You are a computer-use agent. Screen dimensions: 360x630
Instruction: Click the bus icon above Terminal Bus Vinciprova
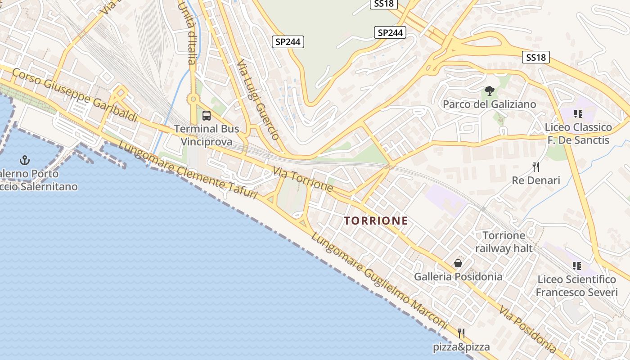tap(207, 116)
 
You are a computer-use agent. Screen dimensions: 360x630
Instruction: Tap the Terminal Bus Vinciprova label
tap(207, 135)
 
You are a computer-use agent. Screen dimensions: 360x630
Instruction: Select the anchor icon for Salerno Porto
tap(25, 160)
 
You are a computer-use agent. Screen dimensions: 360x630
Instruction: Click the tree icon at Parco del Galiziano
tap(489, 91)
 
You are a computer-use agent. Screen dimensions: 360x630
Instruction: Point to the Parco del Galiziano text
tap(489, 104)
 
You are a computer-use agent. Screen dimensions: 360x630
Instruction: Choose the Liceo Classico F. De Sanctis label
tap(578, 134)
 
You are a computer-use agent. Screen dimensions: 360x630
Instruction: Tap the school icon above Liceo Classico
tap(578, 114)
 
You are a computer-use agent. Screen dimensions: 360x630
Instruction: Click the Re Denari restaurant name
tap(536, 180)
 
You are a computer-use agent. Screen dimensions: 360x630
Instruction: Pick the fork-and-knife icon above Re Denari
tap(536, 167)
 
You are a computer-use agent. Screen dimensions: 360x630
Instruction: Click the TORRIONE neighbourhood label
tap(376, 220)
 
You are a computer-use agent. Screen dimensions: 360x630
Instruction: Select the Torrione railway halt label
tap(504, 242)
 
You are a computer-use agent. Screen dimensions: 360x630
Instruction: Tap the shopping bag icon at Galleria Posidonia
tap(458, 263)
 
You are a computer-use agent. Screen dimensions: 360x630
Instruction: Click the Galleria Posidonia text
tap(458, 276)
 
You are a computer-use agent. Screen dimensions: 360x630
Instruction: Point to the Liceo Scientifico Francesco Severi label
tap(576, 286)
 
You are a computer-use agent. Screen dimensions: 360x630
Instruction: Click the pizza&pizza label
tap(461, 347)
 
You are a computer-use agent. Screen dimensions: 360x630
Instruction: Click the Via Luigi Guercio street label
tap(258, 99)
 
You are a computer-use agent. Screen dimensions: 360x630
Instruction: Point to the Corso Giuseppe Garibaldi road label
tap(75, 95)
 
